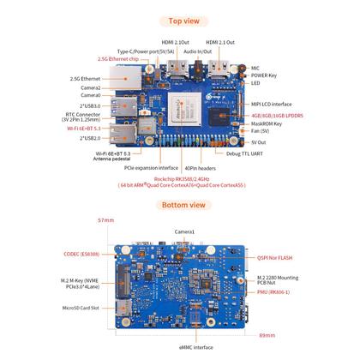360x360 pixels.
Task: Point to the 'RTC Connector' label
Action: (84, 113)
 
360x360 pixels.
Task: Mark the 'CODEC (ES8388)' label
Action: (86, 254)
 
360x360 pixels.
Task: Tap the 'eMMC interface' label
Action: (195, 346)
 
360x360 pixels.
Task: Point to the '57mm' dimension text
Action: (105, 220)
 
